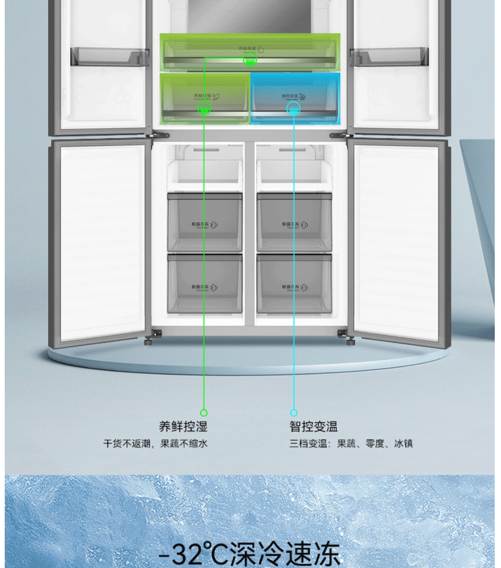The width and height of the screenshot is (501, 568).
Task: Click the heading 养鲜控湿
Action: pyautogui.click(x=183, y=427)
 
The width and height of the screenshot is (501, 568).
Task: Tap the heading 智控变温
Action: pyautogui.click(x=314, y=427)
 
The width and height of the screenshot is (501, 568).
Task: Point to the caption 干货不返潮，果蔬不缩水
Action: pyautogui.click(x=155, y=444)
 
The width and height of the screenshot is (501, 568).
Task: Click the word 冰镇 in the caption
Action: pyautogui.click(x=403, y=444)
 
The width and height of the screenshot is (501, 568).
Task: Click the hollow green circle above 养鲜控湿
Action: pyautogui.click(x=204, y=413)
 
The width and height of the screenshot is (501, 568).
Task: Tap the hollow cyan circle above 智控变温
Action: pyautogui.click(x=294, y=413)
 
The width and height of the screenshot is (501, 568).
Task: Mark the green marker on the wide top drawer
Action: pyautogui.click(x=250, y=60)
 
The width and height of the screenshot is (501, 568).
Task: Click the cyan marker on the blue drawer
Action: pyautogui.click(x=294, y=108)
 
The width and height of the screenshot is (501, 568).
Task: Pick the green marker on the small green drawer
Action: pyautogui.click(x=204, y=108)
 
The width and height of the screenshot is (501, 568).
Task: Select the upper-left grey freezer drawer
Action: pyautogui.click(x=204, y=222)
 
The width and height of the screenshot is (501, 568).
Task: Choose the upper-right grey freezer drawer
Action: pyautogui.click(x=294, y=222)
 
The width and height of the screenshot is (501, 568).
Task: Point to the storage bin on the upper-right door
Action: pyautogui.click(x=390, y=57)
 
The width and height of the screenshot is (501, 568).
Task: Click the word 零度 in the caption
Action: pyautogui.click(x=375, y=444)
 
